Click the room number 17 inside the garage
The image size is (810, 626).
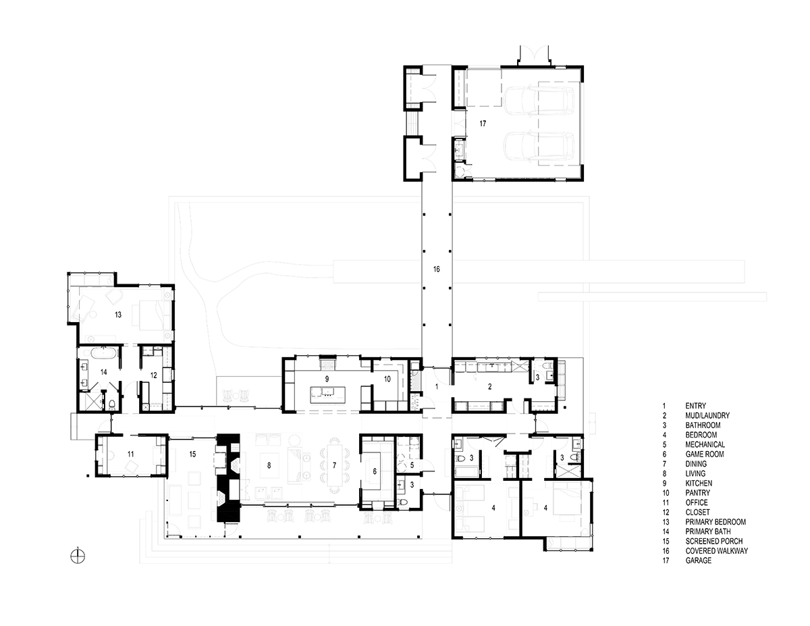click(483, 124)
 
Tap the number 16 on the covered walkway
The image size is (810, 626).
click(437, 269)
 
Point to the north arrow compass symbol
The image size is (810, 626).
click(78, 556)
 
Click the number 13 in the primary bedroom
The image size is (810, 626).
click(118, 315)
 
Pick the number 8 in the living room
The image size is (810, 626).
click(269, 465)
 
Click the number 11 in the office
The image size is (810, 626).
click(130, 454)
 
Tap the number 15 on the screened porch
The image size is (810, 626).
click(192, 454)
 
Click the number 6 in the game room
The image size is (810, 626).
click(375, 471)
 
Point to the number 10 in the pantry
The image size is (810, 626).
click(387, 380)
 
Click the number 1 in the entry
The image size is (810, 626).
click(437, 387)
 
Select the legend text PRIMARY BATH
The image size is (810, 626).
click(708, 531)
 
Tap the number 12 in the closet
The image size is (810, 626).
click(154, 375)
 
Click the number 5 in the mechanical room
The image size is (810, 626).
click(412, 465)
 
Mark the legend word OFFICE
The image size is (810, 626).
click(697, 502)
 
